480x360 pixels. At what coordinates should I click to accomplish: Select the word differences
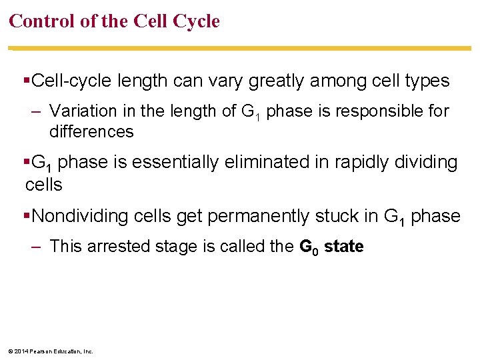tap(91, 131)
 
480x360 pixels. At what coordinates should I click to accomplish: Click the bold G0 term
tap(308, 247)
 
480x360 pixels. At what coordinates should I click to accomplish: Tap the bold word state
tap(343, 247)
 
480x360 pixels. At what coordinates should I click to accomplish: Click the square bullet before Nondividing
tap(27, 216)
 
